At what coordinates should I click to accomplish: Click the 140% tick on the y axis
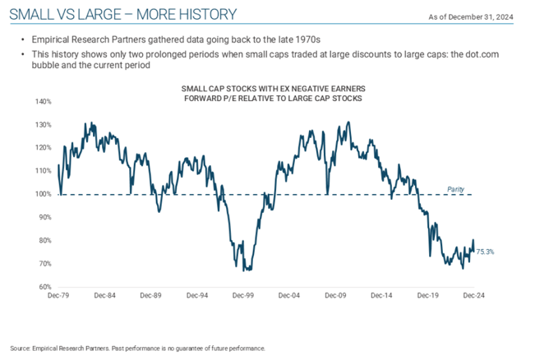pos(43,102)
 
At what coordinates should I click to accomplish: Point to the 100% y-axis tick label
pos(43,194)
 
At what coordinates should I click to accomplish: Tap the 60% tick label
pos(44,287)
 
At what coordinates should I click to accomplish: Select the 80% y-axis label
pos(44,241)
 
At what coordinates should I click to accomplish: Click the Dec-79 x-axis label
pos(59,294)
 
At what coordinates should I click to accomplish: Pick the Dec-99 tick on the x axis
pos(242,294)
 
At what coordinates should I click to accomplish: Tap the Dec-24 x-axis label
pos(473,294)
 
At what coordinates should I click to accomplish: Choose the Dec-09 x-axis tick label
pos(334,294)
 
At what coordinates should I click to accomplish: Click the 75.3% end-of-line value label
pos(486,252)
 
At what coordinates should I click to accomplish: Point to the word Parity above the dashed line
pos(455,189)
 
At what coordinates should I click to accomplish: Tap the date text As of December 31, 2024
pos(483,17)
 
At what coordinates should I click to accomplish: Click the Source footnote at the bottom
pos(136,348)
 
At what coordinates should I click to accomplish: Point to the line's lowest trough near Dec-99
pos(248,269)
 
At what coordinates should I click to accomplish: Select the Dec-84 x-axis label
pos(105,294)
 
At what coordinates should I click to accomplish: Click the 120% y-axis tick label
pos(43,148)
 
